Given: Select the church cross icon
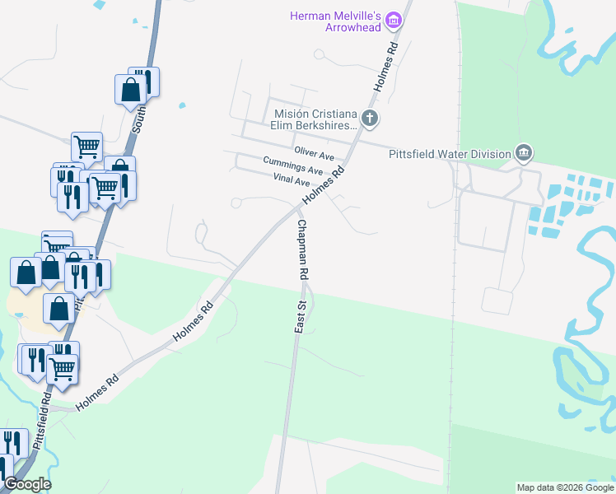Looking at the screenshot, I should [370, 119].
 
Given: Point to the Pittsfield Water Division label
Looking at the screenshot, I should [450, 152].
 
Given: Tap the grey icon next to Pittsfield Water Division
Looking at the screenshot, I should [523, 152].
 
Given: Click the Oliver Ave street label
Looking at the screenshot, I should [315, 154].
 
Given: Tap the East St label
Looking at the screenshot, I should [301, 317].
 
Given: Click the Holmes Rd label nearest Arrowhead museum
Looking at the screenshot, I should [385, 67].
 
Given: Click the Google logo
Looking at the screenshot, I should [26, 484].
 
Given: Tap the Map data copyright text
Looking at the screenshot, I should [564, 487].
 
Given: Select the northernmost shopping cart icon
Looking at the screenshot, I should [86, 147].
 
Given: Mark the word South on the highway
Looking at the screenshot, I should [139, 123].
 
